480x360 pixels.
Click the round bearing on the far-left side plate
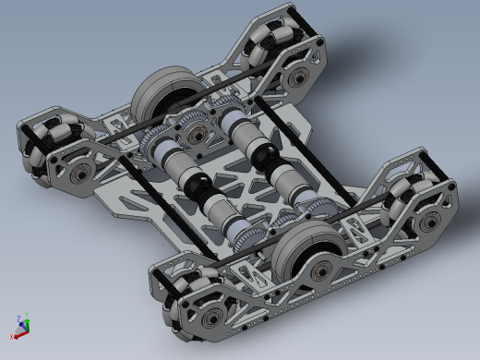[80, 173]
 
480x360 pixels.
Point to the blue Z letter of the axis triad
[19, 317]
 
